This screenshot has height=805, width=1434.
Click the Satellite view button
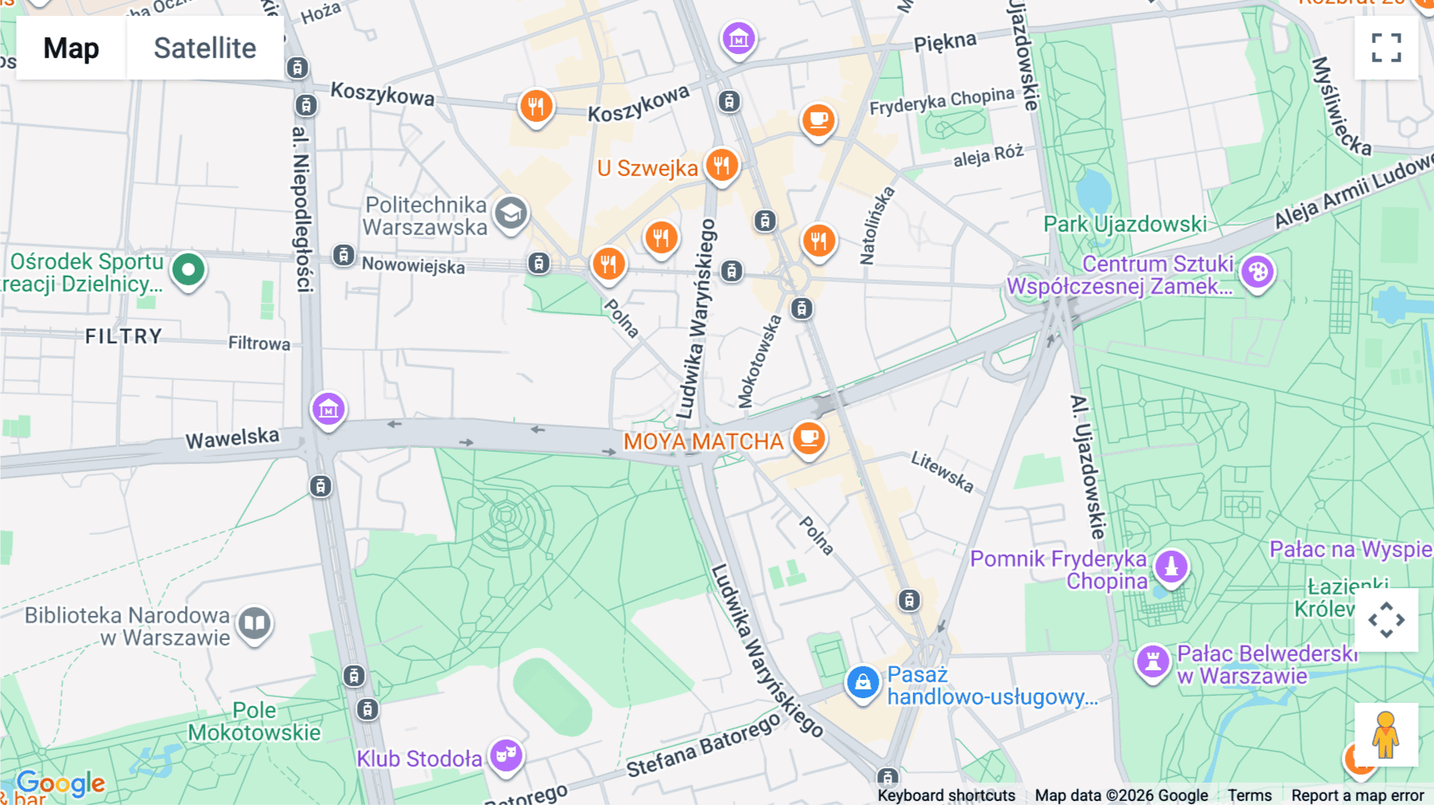(x=205, y=49)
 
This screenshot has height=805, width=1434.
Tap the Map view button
(x=72, y=49)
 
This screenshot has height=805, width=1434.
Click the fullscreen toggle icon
(x=1386, y=48)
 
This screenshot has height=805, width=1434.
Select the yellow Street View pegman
(x=1385, y=734)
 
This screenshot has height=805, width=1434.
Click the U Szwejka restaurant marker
(x=722, y=166)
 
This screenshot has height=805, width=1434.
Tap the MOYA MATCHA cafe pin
(x=809, y=438)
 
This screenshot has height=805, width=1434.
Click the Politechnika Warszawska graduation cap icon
(x=511, y=214)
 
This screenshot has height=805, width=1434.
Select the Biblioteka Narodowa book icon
(x=255, y=622)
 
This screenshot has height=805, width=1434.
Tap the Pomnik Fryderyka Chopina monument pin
(x=1171, y=567)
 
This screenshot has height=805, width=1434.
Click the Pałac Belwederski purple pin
(x=1152, y=661)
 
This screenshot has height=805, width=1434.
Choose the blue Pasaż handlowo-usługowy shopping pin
(x=862, y=682)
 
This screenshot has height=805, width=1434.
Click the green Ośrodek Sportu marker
(x=189, y=269)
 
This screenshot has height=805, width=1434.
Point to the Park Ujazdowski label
(x=1125, y=225)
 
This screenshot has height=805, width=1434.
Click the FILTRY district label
(x=123, y=336)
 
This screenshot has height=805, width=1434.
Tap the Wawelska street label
(x=233, y=438)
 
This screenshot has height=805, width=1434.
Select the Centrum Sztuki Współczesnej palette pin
(x=1258, y=273)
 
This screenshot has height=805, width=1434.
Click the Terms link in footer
(x=1249, y=795)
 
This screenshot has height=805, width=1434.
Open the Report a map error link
(x=1357, y=795)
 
